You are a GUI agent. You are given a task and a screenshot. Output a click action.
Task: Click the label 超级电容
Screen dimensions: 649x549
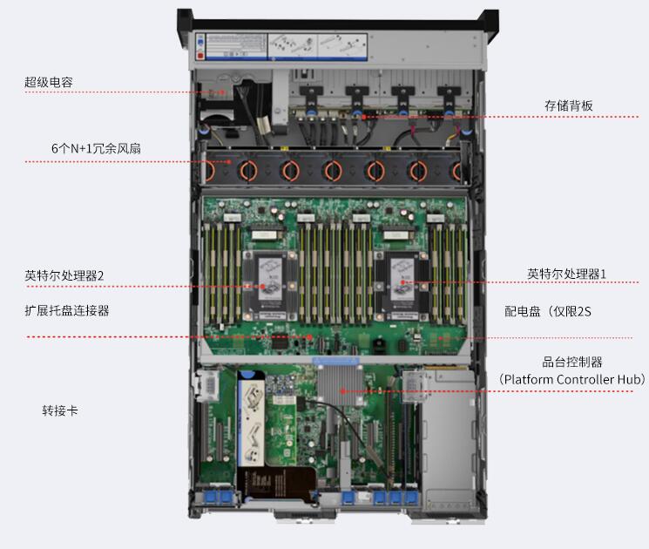point(49,82)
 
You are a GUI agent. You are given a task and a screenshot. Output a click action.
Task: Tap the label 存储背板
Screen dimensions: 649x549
point(568,105)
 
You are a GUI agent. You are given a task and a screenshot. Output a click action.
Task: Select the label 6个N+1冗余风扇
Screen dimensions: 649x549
point(96,148)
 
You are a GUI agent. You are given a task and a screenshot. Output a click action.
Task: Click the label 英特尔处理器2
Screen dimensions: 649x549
point(64,275)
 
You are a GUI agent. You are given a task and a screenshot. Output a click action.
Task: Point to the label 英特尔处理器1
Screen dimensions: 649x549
point(566,274)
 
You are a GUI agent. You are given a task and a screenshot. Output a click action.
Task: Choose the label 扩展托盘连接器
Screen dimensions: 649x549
point(66,310)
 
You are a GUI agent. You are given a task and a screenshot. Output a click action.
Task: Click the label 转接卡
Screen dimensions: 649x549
point(60,410)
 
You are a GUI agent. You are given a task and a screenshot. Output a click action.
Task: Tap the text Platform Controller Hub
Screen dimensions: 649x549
point(571,379)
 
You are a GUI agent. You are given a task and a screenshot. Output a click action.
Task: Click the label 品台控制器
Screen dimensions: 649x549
point(572,363)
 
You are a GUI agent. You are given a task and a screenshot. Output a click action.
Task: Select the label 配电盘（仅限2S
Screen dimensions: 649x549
point(548,311)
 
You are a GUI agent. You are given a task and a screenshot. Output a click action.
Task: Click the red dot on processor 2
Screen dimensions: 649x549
point(262,286)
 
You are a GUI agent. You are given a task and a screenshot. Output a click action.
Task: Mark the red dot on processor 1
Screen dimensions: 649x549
point(402,282)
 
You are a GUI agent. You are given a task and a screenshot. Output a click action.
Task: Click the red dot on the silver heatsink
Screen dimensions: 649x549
point(342,390)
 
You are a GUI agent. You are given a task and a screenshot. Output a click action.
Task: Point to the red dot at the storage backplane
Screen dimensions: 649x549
point(364,117)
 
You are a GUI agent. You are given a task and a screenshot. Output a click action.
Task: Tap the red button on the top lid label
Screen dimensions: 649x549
point(200,55)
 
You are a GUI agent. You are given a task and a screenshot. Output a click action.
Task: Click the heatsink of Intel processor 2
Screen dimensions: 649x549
point(270,286)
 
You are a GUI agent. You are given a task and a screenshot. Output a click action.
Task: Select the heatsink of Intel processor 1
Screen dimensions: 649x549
point(401,286)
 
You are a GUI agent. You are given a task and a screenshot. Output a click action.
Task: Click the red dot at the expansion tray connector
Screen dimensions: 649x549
point(309,337)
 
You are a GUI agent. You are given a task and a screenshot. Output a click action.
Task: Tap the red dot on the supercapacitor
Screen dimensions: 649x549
point(223,92)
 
